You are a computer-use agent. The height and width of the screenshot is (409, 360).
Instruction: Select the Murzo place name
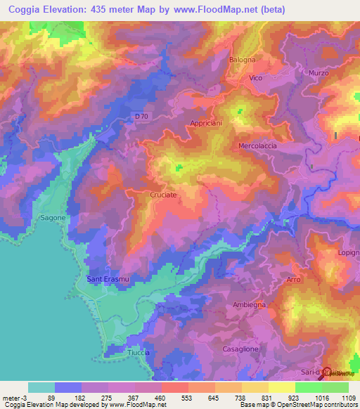(x=319, y=72)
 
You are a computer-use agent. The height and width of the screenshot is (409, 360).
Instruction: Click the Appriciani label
(x=205, y=123)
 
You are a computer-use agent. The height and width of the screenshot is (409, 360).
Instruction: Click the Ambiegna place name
(x=249, y=304)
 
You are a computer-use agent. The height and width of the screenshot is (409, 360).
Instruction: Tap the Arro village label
(x=294, y=280)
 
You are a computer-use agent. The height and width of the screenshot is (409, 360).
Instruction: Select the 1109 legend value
(x=347, y=397)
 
